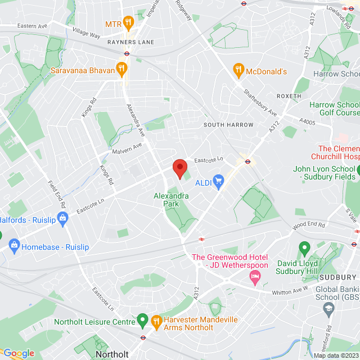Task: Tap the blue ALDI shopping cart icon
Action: pyautogui.click(x=218, y=181)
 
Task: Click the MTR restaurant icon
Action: pyautogui.click(x=128, y=24)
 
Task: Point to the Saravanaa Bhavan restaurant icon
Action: pyautogui.click(x=121, y=70)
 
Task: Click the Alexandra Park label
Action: pyautogui.click(x=171, y=200)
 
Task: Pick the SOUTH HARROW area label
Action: pyautogui.click(x=228, y=124)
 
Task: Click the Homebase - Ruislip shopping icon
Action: pyautogui.click(x=14, y=245)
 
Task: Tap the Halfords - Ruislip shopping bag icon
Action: pyautogui.click(x=62, y=217)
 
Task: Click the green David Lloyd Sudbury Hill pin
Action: pyautogui.click(x=304, y=247)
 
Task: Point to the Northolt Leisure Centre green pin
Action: pyautogui.click(x=142, y=321)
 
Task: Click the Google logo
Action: pyautogui.click(x=18, y=353)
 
